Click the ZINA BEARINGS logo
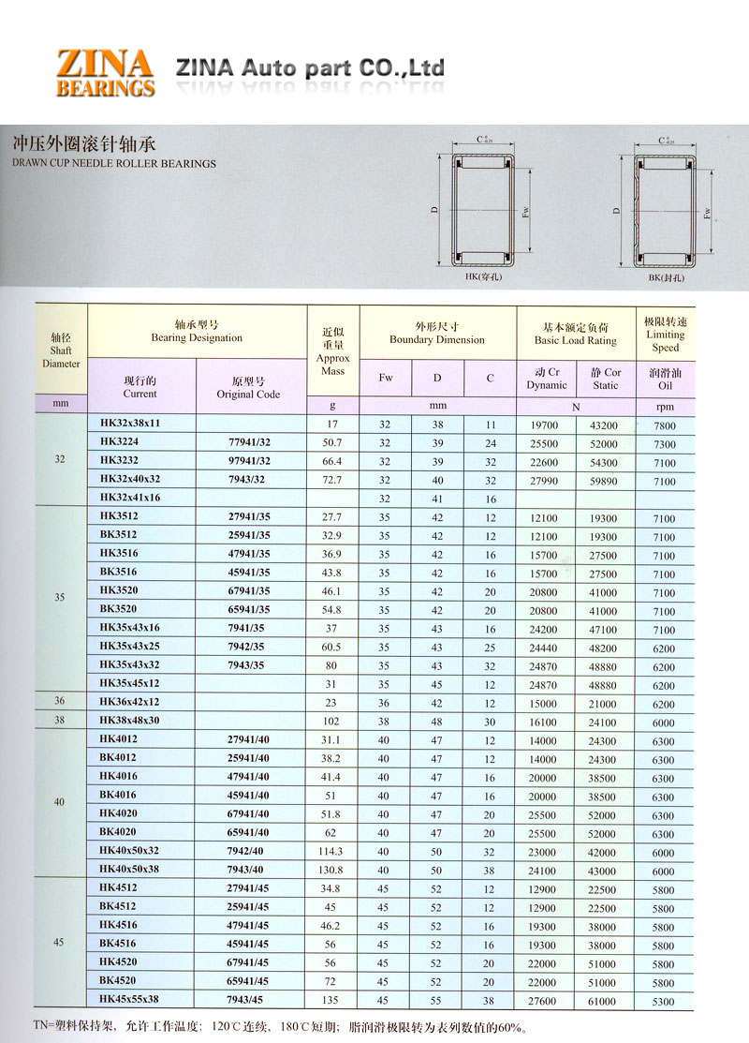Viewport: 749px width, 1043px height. [105, 73]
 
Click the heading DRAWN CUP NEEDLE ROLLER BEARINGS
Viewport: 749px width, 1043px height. [114, 163]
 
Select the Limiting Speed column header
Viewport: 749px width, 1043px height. [665, 335]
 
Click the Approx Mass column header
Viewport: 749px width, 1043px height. [332, 351]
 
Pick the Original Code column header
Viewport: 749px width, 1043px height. [248, 388]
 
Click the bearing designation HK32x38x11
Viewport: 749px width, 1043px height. [130, 424]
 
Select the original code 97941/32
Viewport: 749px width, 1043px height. [249, 461]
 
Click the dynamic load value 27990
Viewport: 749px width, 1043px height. [543, 481]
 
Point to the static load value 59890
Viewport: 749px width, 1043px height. [604, 481]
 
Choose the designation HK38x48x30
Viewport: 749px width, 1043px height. [130, 722]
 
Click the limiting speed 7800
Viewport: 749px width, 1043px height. [664, 425]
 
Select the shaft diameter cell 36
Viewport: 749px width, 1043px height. [60, 702]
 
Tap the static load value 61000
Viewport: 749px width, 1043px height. [604, 1001]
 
